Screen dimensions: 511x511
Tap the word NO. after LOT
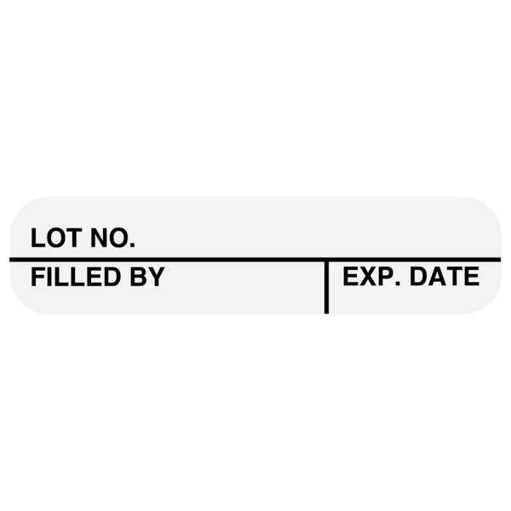(112, 238)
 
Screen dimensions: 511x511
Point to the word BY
(147, 277)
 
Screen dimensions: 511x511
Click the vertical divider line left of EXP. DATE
(326, 290)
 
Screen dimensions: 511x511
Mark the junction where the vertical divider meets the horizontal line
(326, 258)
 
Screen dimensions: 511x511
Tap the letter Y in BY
(156, 277)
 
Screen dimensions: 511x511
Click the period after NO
(131, 246)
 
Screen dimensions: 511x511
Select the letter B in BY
(139, 277)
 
